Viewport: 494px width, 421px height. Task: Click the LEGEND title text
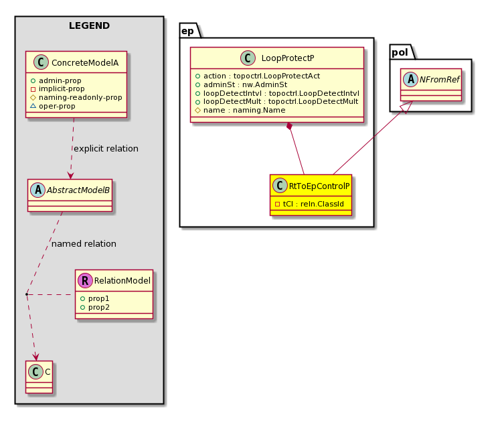click(x=89, y=25)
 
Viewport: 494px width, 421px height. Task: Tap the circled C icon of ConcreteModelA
click(x=41, y=62)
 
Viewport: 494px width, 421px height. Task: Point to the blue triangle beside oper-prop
click(x=33, y=106)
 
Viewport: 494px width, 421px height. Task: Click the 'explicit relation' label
click(x=106, y=149)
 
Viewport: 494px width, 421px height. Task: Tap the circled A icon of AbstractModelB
click(x=37, y=190)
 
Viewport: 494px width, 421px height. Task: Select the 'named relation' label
click(x=84, y=243)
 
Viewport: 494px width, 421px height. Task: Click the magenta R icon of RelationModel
click(x=85, y=281)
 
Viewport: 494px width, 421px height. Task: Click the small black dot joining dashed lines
click(x=27, y=294)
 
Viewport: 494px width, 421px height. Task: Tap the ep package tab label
click(x=188, y=32)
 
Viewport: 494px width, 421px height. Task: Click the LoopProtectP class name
click(x=288, y=58)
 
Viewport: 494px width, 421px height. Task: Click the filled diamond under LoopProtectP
click(x=290, y=126)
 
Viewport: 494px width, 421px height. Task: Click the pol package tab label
click(x=400, y=52)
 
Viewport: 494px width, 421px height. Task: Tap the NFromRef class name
click(x=439, y=80)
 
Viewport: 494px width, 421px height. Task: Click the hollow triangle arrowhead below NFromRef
click(x=407, y=107)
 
